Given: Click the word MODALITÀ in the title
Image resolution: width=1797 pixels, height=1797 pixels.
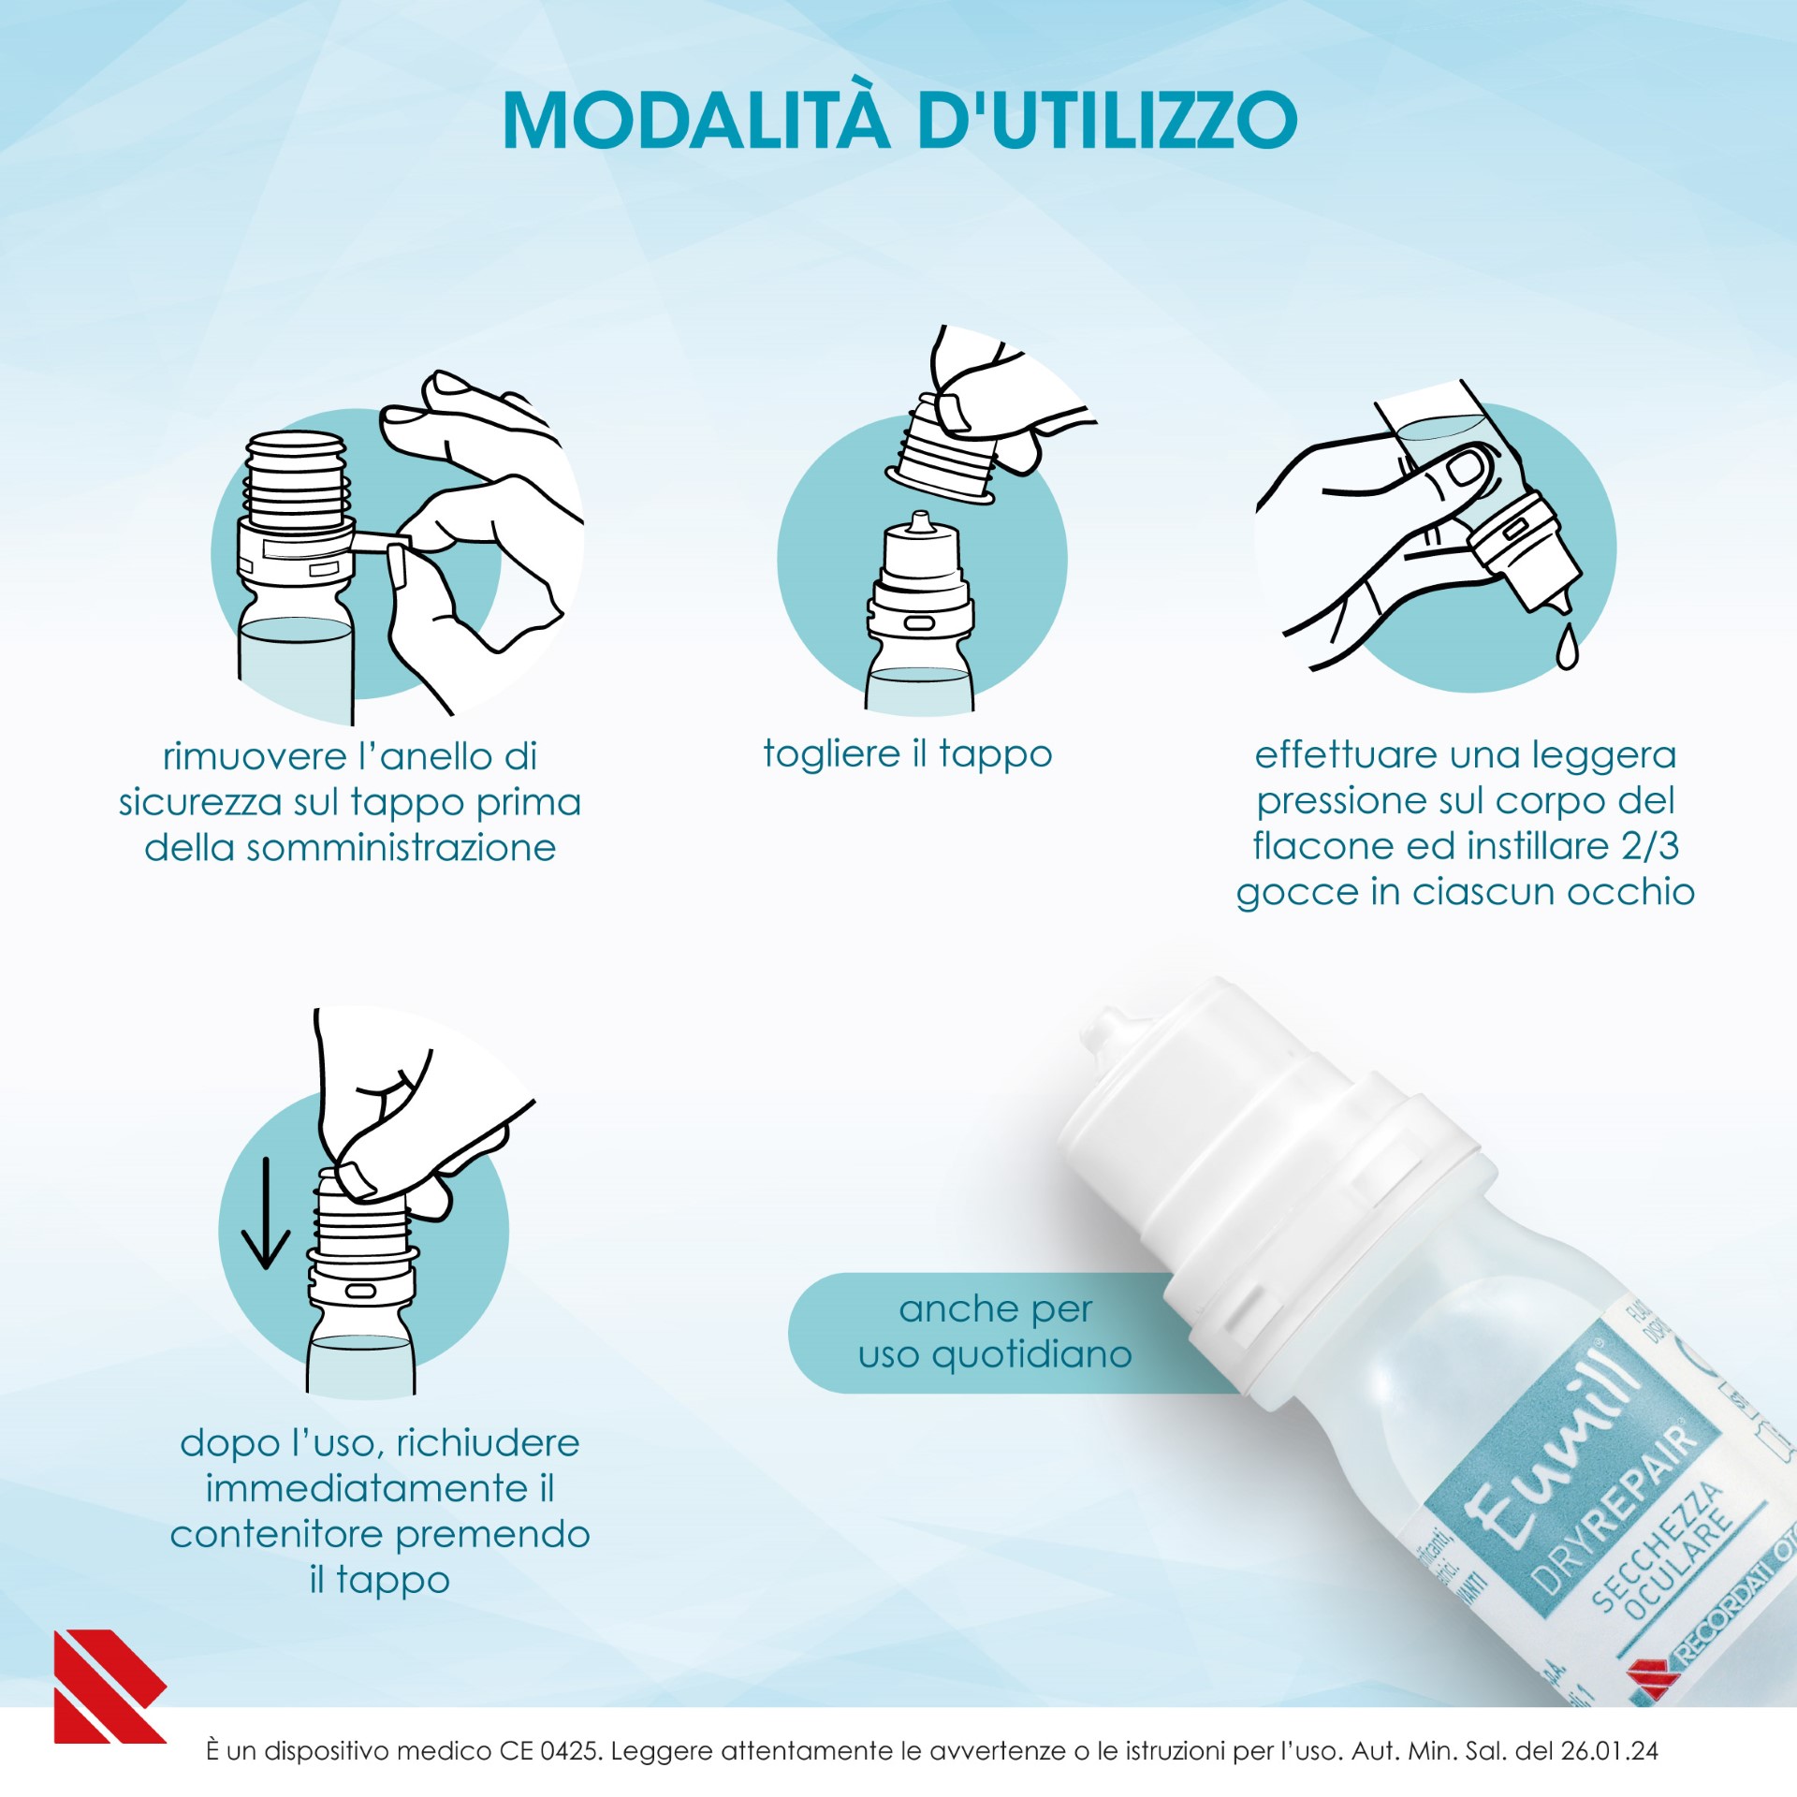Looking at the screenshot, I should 695,121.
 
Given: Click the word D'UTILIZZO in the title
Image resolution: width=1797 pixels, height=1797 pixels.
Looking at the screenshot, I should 1108,121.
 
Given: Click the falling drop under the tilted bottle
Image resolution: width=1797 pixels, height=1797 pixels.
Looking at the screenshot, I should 1567,647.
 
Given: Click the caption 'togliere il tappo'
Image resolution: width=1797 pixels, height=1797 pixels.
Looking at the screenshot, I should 907,753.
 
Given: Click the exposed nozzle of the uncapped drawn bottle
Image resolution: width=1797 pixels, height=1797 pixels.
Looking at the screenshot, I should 920,522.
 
